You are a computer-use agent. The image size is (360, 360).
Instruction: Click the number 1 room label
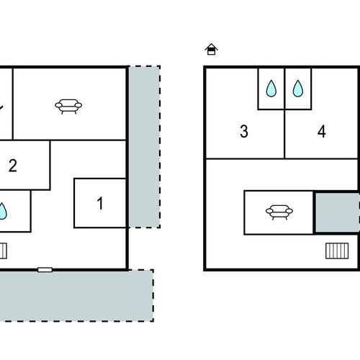(100, 203)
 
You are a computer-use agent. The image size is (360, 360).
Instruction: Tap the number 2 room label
(13, 166)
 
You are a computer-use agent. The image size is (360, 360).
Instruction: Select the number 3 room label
(244, 131)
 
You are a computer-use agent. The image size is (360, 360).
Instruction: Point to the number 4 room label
(322, 131)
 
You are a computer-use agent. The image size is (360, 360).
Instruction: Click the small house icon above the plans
(211, 49)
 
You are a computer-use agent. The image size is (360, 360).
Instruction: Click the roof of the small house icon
(211, 46)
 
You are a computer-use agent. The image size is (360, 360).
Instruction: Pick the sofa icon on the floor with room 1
(68, 106)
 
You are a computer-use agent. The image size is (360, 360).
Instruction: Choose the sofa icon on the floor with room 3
(279, 212)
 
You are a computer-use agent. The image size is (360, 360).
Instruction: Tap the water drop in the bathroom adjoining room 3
(271, 89)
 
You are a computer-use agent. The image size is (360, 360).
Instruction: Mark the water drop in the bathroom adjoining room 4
(298, 89)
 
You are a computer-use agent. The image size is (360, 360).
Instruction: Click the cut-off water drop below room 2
(2, 211)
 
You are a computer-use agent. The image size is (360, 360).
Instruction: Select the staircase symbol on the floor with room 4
(337, 251)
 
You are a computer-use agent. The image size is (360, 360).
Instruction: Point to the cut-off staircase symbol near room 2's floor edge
(3, 251)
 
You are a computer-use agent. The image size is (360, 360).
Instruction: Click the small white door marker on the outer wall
(45, 270)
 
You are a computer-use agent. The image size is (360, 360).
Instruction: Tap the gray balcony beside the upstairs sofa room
(337, 212)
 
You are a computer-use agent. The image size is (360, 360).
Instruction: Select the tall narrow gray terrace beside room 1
(145, 147)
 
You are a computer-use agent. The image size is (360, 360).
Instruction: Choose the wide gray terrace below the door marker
(76, 295)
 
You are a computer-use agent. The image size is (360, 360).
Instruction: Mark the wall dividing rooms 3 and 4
(284, 134)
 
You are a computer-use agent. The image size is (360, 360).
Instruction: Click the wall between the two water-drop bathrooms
(284, 89)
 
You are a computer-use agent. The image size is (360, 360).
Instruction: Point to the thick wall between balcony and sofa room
(314, 212)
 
